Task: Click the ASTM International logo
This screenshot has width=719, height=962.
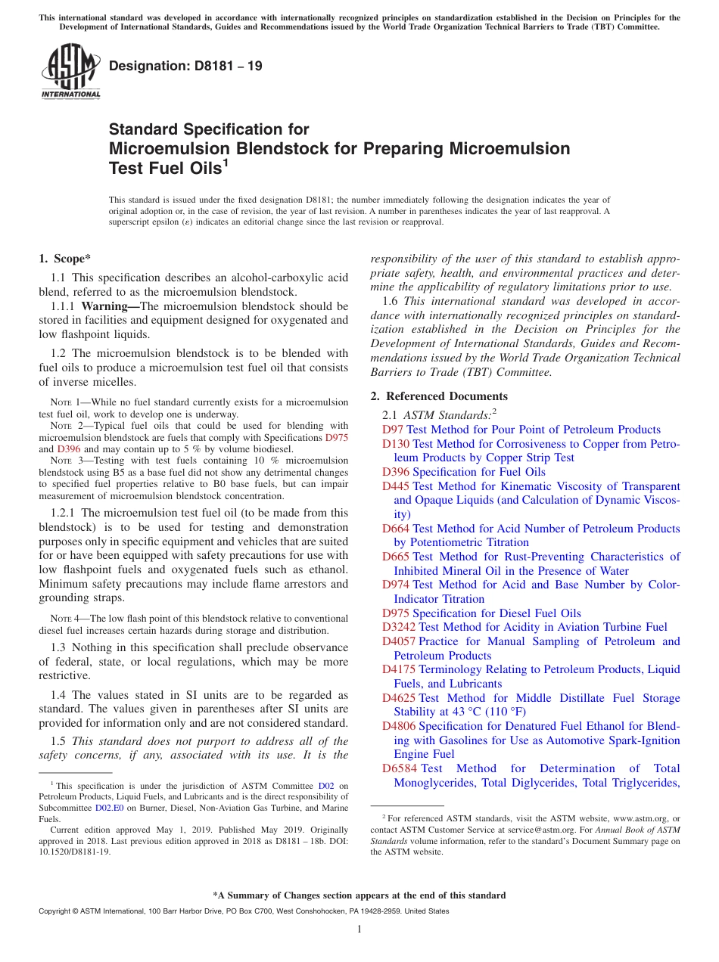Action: click(x=70, y=71)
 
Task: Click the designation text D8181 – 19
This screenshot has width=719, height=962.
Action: click(x=185, y=66)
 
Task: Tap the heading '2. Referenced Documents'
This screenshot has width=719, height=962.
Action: click(x=439, y=396)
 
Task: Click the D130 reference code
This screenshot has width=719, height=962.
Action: click(x=396, y=444)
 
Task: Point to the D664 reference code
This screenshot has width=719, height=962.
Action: click(x=396, y=529)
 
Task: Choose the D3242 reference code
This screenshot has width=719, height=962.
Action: click(x=399, y=627)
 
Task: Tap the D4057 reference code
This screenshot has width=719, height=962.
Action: click(x=399, y=641)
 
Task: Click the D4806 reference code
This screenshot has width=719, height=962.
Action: click(x=399, y=726)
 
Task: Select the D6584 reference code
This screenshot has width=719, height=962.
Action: click(x=399, y=768)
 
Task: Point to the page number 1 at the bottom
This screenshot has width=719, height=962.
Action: click(x=359, y=929)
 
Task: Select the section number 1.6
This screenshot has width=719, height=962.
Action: click(x=391, y=301)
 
